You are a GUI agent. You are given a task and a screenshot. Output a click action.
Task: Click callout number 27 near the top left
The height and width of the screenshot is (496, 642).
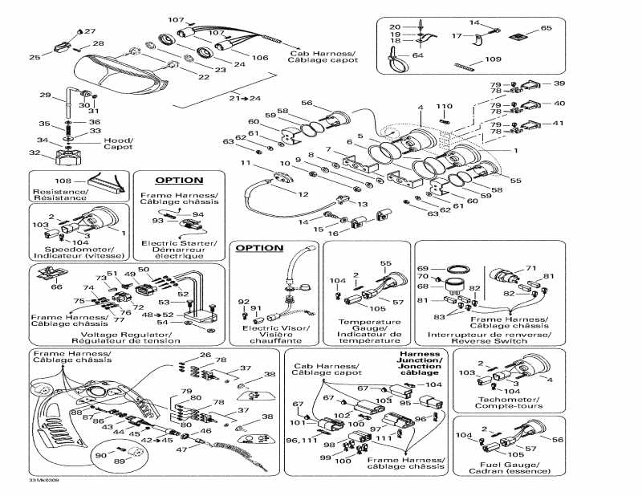(90, 31)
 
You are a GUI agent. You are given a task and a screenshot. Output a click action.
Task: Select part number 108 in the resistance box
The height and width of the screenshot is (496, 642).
(63, 181)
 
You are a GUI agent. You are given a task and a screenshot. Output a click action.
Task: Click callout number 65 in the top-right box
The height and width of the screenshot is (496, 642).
(547, 28)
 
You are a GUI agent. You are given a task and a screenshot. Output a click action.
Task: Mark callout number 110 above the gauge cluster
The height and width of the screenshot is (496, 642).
(444, 107)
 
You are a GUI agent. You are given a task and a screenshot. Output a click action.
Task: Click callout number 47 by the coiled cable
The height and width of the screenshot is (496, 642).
(182, 450)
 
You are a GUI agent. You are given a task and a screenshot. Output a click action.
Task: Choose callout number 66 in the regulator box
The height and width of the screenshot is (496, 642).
(57, 287)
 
